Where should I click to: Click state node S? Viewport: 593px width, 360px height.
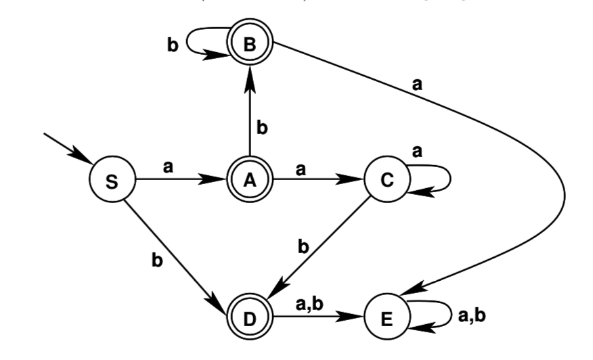coord(112,181)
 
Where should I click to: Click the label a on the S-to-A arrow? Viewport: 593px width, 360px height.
coord(168,166)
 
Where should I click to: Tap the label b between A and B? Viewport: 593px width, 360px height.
coord(263,127)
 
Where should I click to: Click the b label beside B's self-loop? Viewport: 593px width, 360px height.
coord(173,45)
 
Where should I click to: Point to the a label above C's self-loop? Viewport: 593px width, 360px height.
coord(418,152)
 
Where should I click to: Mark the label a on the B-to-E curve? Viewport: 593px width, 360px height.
coord(418,85)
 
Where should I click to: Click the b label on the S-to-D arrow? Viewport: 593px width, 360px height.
coord(158,260)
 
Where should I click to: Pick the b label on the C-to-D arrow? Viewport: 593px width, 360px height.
coord(304,247)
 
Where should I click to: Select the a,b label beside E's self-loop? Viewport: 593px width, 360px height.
coord(472,315)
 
